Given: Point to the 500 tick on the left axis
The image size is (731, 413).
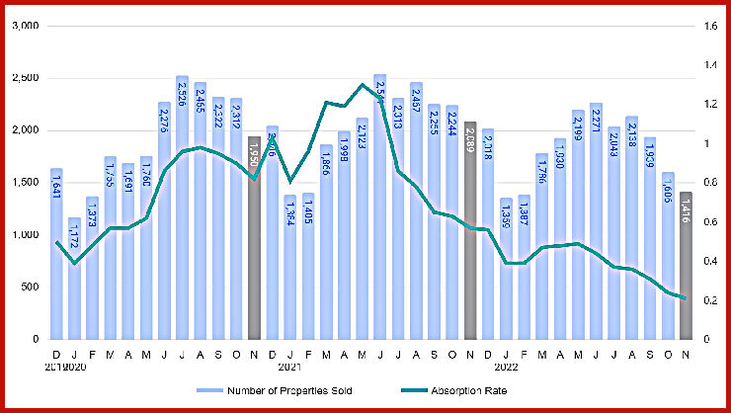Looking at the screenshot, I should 27,288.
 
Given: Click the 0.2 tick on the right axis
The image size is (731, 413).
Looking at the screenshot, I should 711,300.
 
